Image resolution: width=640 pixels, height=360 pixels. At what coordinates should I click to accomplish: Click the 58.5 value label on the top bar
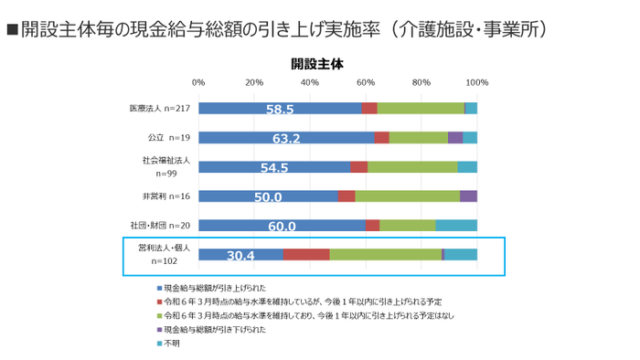click(x=280, y=109)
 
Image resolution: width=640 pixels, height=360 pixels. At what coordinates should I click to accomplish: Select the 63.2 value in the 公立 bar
click(x=286, y=139)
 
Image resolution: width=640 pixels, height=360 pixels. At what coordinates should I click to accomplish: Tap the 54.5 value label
click(x=274, y=168)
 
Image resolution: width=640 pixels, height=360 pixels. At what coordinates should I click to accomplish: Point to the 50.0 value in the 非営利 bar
click(x=268, y=197)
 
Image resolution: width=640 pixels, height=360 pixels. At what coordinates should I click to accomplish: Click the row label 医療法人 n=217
click(x=159, y=108)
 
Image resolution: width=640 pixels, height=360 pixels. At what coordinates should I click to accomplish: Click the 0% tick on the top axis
click(x=198, y=83)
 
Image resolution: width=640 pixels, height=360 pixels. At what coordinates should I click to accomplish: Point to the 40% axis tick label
click(x=310, y=83)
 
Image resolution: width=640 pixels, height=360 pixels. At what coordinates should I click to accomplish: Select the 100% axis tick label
click(x=476, y=83)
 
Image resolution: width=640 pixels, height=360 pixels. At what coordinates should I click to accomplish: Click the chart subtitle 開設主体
click(x=317, y=64)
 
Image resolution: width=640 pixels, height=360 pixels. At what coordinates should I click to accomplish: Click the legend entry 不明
click(x=171, y=344)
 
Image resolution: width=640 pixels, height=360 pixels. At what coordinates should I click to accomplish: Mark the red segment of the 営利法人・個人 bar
click(x=306, y=255)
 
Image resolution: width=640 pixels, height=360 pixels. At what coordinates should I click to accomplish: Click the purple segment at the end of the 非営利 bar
click(x=468, y=196)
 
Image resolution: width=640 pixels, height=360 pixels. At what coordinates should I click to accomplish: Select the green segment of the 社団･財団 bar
click(x=407, y=226)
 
